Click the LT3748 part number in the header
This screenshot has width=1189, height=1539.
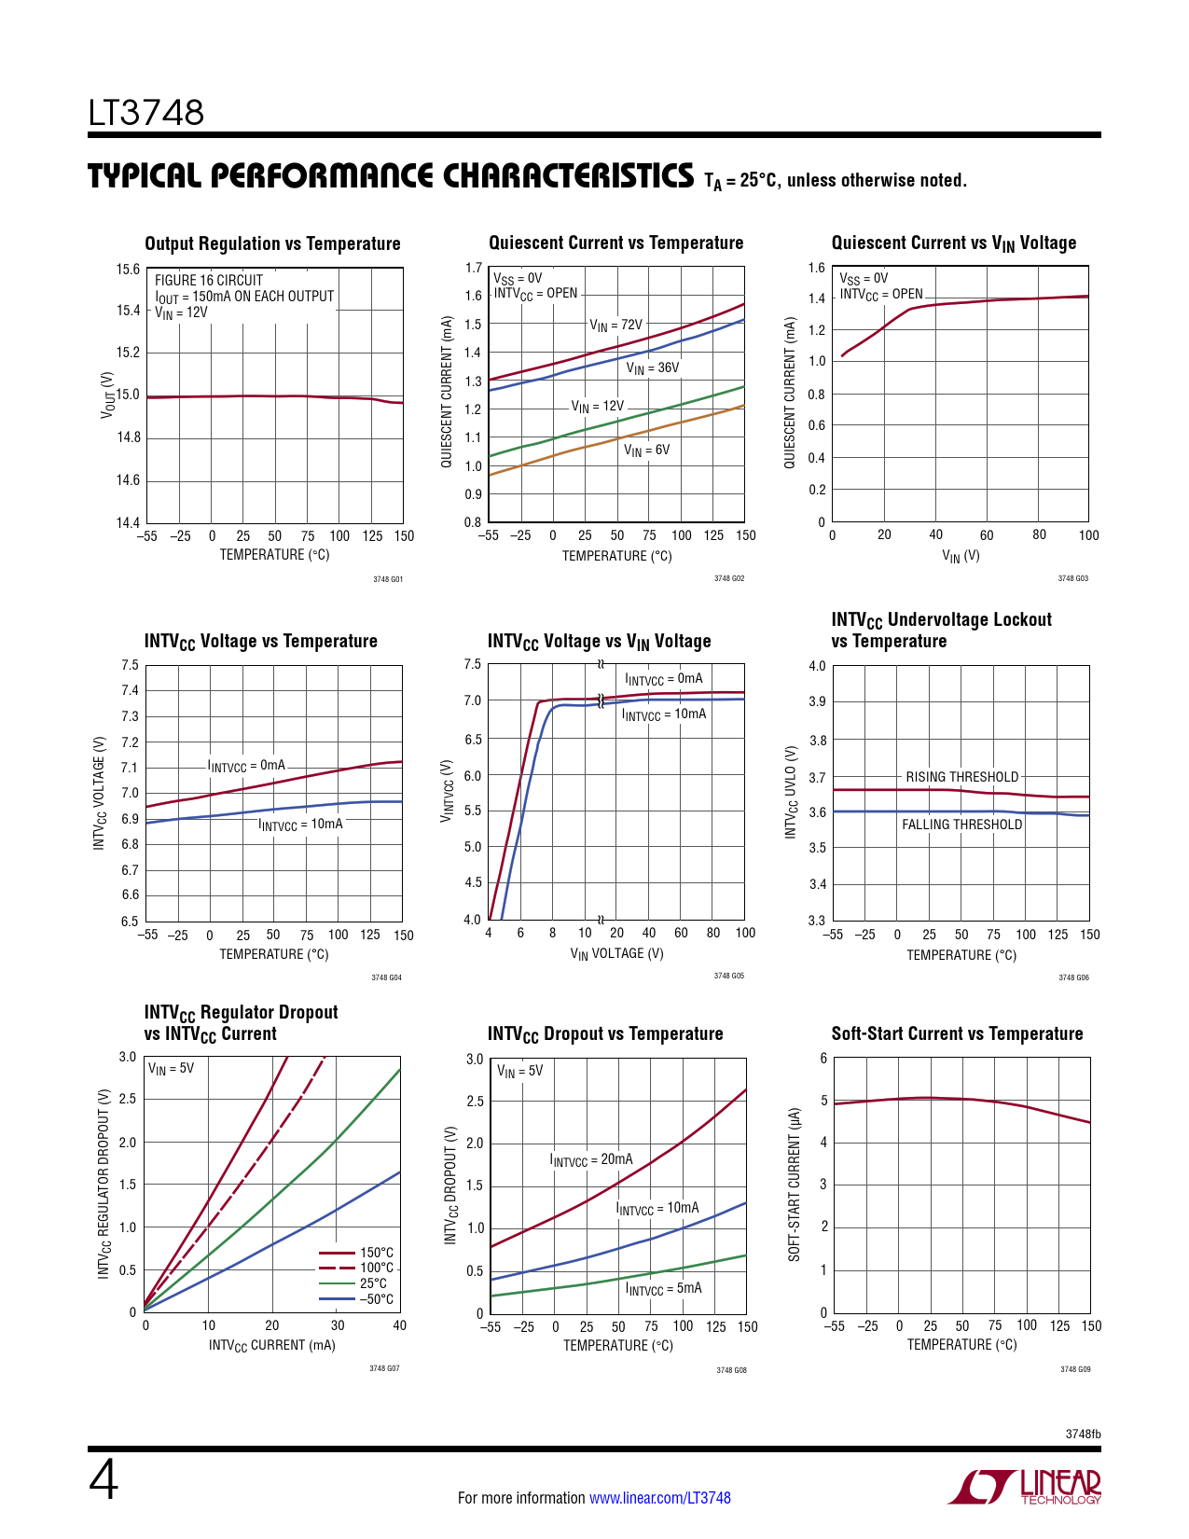[146, 113]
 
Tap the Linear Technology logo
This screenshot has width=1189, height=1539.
[1025, 1487]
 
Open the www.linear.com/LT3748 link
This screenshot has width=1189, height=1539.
[659, 1498]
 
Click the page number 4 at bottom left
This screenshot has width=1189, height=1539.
[104, 1480]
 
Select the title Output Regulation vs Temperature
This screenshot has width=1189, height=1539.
[272, 243]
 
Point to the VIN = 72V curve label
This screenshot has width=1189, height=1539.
[615, 326]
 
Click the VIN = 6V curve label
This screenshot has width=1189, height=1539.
[646, 451]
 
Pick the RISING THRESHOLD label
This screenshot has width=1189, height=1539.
[961, 777]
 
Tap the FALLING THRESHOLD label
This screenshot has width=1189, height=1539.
[961, 825]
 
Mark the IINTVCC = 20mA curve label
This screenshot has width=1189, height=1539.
[591, 1160]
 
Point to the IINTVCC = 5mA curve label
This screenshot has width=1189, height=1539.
[663, 1289]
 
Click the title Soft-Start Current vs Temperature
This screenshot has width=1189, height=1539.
[957, 1033]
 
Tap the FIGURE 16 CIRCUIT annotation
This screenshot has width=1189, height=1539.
[209, 280]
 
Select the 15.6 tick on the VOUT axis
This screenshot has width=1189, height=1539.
[128, 270]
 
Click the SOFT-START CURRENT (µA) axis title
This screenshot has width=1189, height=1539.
[795, 1185]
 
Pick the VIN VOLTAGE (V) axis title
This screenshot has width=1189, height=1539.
[616, 953]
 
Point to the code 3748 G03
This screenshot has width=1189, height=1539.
[1072, 578]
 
